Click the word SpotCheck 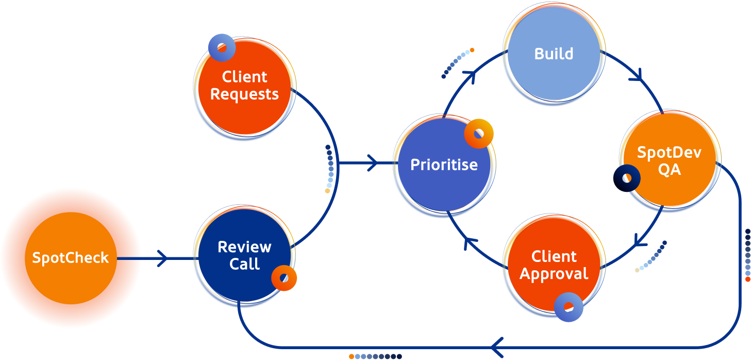pyautogui.click(x=71, y=257)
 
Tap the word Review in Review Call pyautogui.click(x=244, y=247)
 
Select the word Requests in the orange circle pyautogui.click(x=244, y=94)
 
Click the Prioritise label pyautogui.click(x=444, y=165)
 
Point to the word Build pyautogui.click(x=554, y=54)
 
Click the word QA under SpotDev pyautogui.click(x=669, y=170)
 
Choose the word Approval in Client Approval pyautogui.click(x=554, y=274)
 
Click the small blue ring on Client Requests pyautogui.click(x=222, y=47)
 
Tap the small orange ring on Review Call pyautogui.click(x=283, y=279)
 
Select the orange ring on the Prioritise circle pyautogui.click(x=479, y=134)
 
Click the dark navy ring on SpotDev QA pyautogui.click(x=627, y=178)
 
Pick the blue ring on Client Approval pyautogui.click(x=569, y=307)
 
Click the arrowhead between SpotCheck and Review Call pyautogui.click(x=162, y=258)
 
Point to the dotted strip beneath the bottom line pyautogui.click(x=375, y=356)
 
